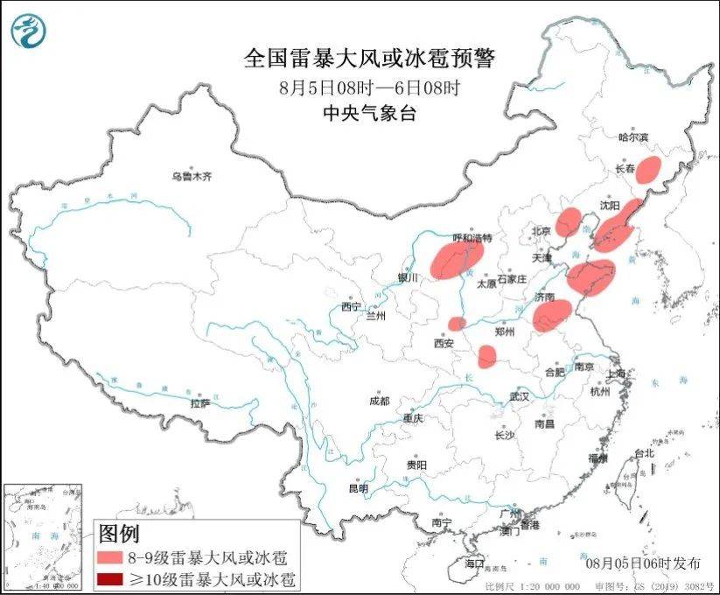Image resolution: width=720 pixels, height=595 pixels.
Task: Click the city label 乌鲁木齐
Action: point(192,176)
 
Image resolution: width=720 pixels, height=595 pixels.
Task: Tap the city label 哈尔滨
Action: point(634,136)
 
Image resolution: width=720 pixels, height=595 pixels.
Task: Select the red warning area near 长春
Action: point(648,170)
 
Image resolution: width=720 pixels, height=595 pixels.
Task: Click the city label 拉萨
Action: point(199,403)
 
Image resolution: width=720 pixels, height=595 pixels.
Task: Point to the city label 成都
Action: point(379,401)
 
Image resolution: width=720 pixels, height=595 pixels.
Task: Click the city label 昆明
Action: point(359,487)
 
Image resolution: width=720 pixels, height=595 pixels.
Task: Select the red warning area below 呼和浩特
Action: point(457,259)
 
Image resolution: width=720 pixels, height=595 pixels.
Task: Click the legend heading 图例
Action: point(118,533)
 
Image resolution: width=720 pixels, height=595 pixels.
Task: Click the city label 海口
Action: point(474,561)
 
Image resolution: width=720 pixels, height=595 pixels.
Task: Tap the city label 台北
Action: point(644,453)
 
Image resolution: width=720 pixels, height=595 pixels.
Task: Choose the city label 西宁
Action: point(351,307)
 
